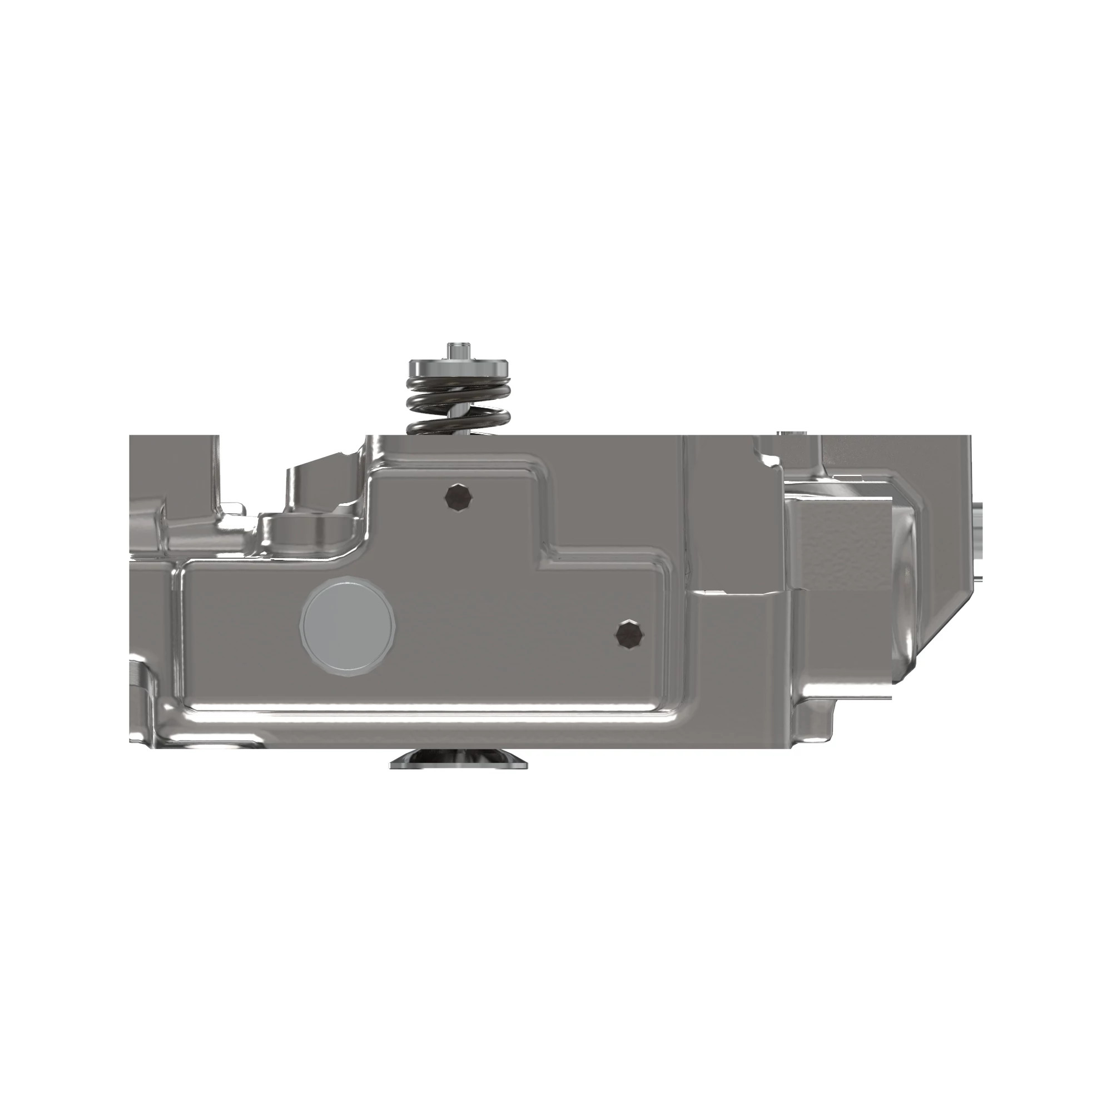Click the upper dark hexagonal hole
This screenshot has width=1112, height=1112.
pos(459,497)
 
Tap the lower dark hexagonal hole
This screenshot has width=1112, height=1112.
pos(631,635)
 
